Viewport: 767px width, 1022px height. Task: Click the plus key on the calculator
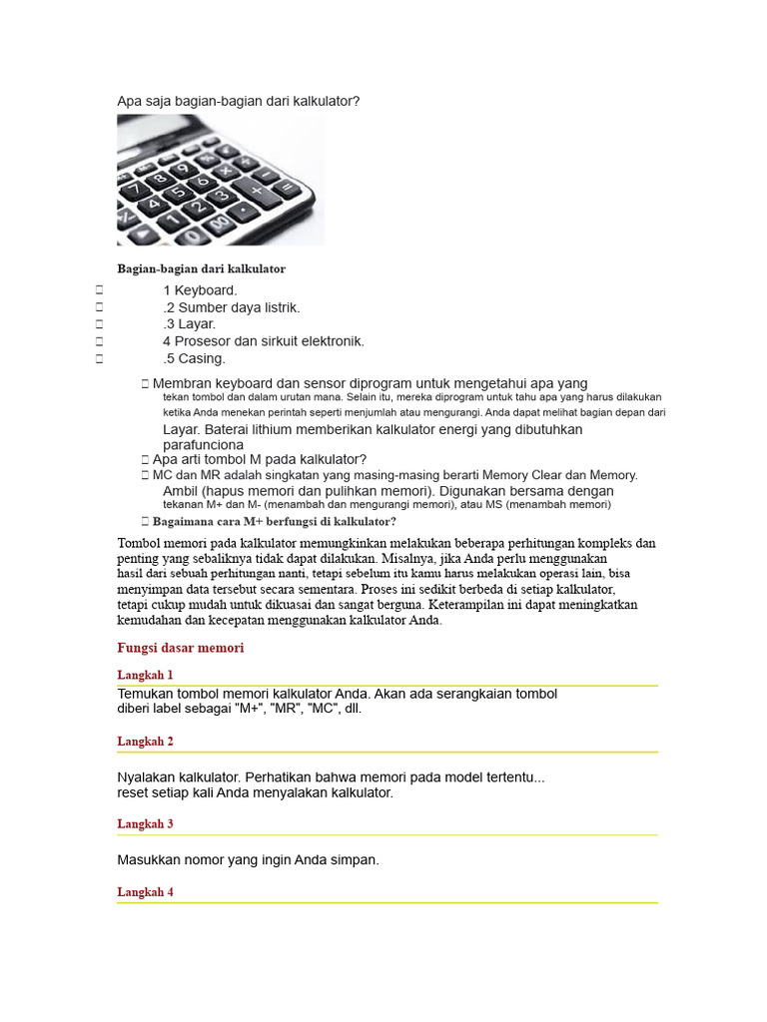point(257,190)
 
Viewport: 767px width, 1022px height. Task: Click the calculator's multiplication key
point(226,172)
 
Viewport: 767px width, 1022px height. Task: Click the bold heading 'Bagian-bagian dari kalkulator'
point(201,269)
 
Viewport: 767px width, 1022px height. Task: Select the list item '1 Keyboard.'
point(200,290)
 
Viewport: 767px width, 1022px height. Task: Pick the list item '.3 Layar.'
point(189,324)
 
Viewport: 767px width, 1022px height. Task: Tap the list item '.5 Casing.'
point(194,358)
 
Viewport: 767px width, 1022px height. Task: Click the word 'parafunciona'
point(203,444)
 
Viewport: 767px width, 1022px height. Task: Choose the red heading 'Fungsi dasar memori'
point(180,648)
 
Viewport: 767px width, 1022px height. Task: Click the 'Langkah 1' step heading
point(145,675)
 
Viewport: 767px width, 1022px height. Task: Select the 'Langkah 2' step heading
point(145,742)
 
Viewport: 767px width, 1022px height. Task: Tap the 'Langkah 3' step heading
point(145,824)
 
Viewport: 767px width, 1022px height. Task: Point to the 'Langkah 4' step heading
point(145,892)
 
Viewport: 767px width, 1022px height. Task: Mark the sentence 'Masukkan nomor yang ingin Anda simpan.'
point(248,859)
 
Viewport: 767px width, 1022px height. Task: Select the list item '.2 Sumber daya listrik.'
point(231,307)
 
